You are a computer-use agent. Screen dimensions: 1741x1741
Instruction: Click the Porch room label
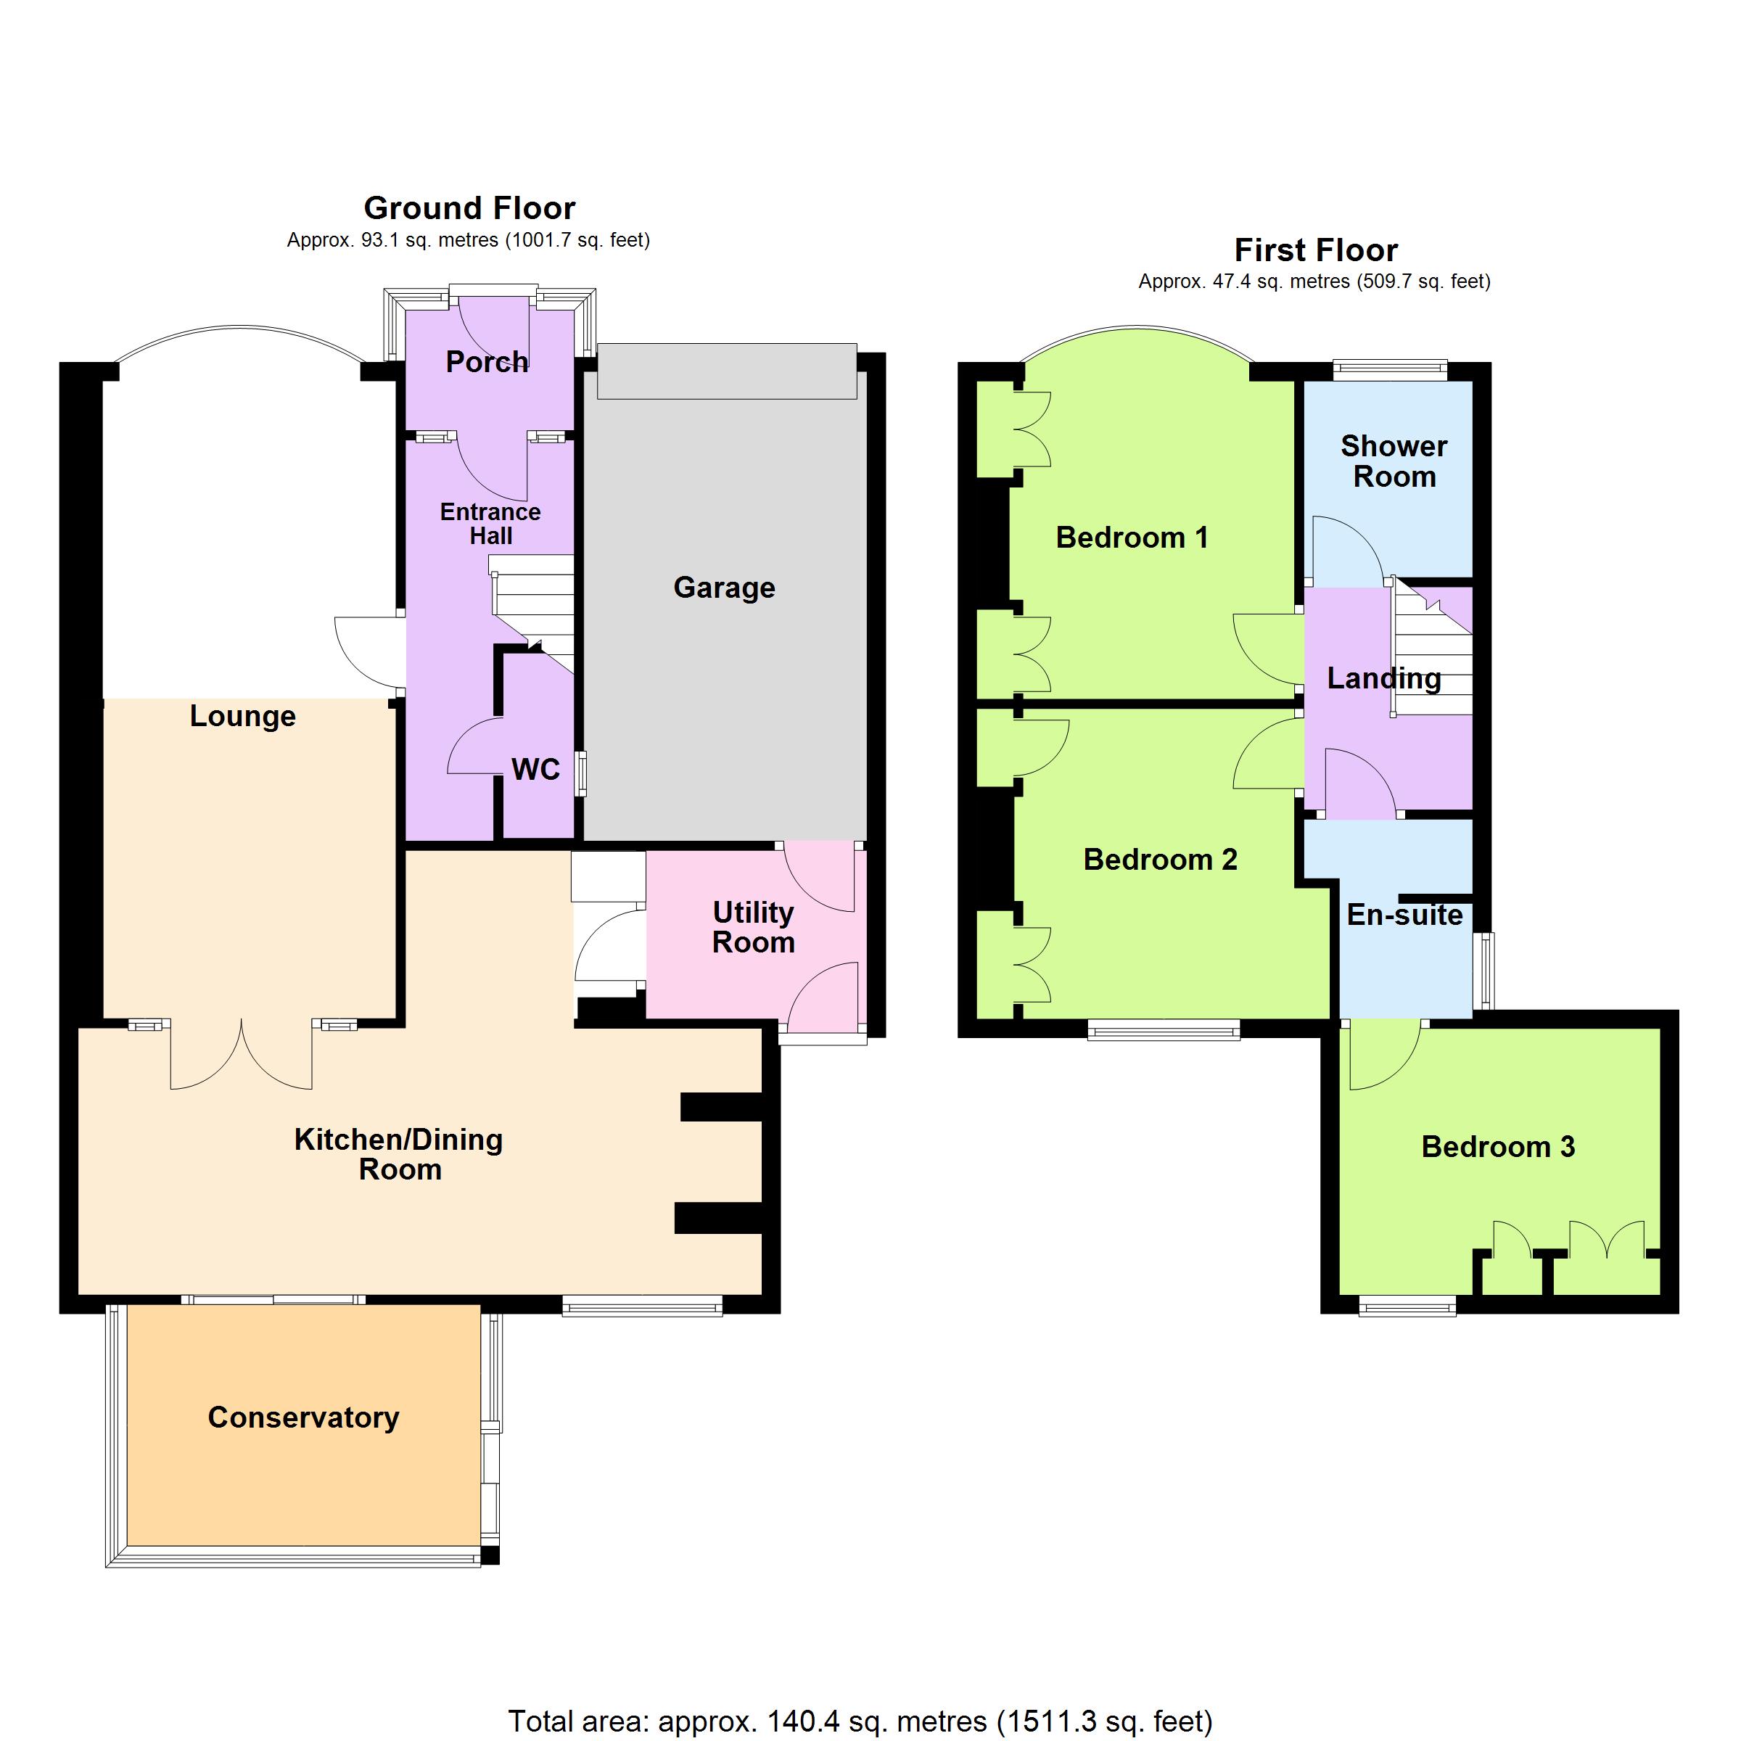point(487,362)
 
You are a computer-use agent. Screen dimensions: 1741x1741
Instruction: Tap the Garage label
point(725,588)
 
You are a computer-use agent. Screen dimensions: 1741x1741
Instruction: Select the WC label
point(536,769)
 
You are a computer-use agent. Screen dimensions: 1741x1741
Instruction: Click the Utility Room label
point(754,927)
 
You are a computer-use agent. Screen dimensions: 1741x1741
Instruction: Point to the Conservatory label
point(304,1417)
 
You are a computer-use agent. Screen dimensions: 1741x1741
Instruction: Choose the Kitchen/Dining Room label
point(399,1154)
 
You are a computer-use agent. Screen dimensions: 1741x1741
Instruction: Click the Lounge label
point(242,717)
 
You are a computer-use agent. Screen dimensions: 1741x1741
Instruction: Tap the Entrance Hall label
point(490,524)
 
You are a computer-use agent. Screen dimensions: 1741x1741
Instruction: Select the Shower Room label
point(1394,461)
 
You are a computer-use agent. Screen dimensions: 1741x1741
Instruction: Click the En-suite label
point(1405,915)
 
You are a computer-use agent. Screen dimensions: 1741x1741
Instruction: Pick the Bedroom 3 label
point(1498,1146)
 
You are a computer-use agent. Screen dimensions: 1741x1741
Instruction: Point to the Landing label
point(1384,678)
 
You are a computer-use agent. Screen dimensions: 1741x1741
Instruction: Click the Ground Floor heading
point(469,208)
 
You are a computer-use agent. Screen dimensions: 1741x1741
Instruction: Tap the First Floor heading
point(1316,250)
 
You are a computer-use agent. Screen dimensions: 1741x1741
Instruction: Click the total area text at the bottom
point(860,1721)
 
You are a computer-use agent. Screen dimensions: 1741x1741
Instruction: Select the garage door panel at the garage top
point(726,371)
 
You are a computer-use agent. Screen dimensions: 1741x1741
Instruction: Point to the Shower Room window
point(1390,367)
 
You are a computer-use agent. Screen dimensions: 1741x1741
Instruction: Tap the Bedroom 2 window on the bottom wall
point(1164,1029)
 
